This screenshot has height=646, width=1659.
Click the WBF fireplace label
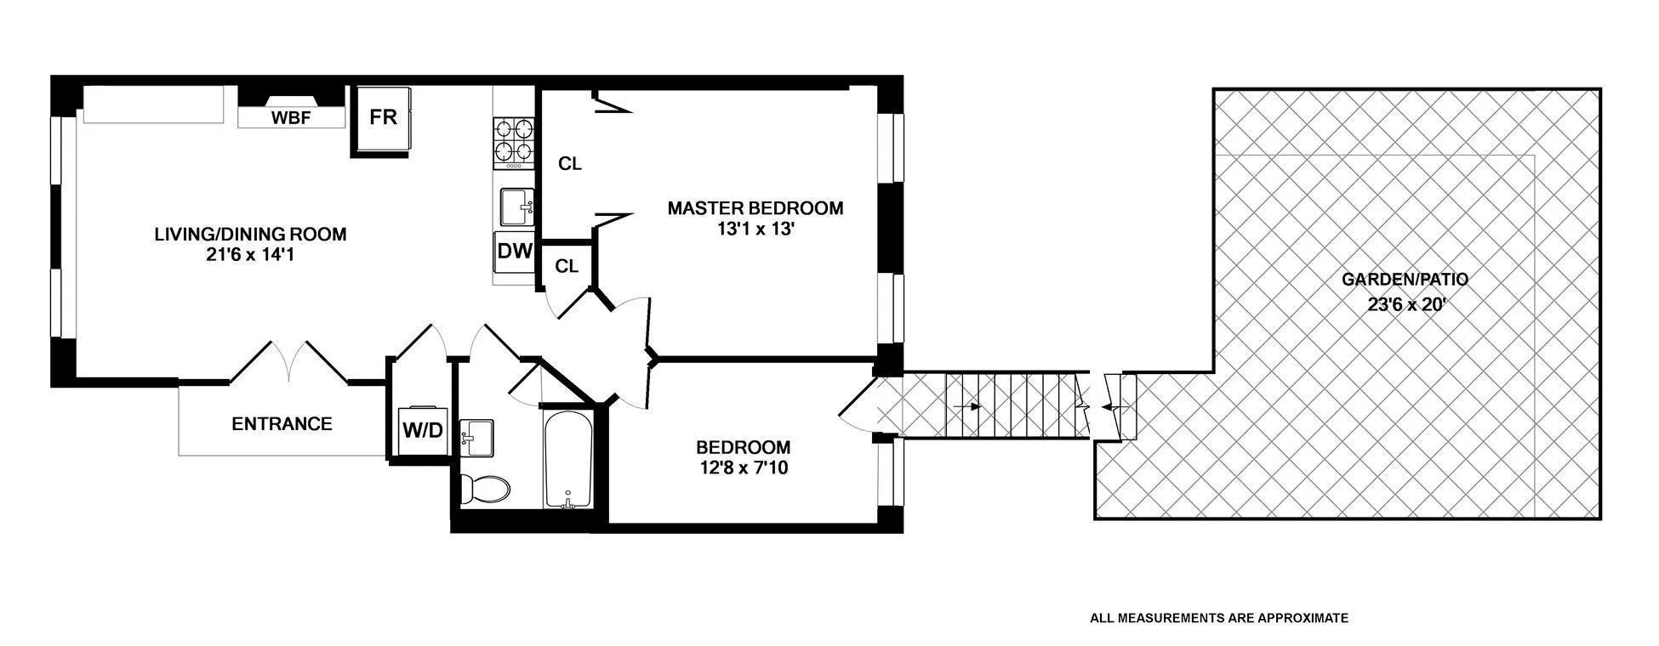[290, 118]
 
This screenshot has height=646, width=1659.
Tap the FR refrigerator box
[383, 116]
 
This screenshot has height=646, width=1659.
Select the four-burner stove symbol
[513, 141]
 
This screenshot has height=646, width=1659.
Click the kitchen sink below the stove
[516, 207]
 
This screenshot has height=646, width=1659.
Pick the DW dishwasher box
[514, 252]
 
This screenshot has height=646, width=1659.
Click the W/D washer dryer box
[422, 430]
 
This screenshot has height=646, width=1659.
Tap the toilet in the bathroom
[485, 489]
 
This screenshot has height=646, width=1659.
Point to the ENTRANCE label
[282, 423]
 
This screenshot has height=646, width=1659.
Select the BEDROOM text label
[743, 447]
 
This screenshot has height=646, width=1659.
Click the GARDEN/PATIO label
[1405, 279]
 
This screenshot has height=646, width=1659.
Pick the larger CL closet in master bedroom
[569, 163]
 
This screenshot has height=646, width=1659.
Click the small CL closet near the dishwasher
[567, 266]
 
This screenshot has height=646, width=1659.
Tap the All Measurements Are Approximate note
[1218, 618]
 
